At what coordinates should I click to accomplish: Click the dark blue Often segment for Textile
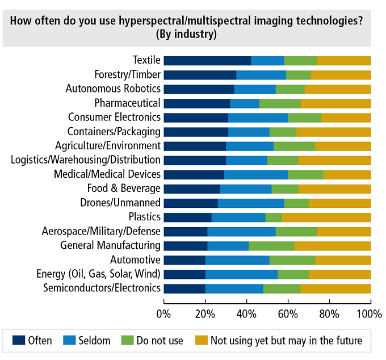click(207, 61)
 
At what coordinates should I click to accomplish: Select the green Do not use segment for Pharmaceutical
click(280, 103)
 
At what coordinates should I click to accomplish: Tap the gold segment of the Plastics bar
click(326, 217)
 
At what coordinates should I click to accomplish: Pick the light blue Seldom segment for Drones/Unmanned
click(251, 203)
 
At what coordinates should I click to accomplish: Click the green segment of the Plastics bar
click(274, 217)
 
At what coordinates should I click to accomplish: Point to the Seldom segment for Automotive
click(237, 260)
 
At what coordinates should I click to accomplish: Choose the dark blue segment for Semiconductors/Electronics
click(184, 288)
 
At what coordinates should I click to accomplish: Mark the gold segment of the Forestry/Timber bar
click(341, 75)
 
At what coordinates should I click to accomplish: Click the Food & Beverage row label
click(124, 189)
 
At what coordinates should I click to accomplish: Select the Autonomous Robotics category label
click(114, 89)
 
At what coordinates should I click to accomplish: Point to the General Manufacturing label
click(111, 245)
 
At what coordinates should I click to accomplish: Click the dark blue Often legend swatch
click(19, 341)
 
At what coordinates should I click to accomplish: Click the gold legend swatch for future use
click(202, 341)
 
